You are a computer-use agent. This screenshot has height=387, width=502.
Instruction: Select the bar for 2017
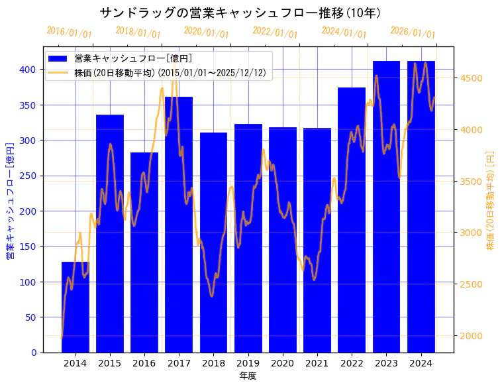pyautogui.click(x=179, y=225)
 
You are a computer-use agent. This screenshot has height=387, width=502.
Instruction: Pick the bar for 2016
pyautogui.click(x=144, y=252)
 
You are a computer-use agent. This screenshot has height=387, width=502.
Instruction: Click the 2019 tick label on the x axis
pyautogui.click(x=248, y=362)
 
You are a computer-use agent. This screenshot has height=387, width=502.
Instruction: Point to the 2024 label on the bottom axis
pyautogui.click(x=421, y=362)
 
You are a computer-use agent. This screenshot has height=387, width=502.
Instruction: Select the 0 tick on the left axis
pyautogui.click(x=34, y=353)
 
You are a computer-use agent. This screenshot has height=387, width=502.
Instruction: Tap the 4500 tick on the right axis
pyautogui.click(x=472, y=78)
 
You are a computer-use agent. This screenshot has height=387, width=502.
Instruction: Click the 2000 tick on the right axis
pyautogui.click(x=472, y=336)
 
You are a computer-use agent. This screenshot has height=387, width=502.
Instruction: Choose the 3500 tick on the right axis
pyautogui.click(x=472, y=181)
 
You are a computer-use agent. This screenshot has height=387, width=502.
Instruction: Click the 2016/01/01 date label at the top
pyautogui.click(x=70, y=32)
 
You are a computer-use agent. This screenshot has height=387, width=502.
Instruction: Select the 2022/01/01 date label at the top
pyautogui.click(x=276, y=32)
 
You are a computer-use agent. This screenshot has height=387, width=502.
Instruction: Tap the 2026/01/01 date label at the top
pyautogui.click(x=413, y=32)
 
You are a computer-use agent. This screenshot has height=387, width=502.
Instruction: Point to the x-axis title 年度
pyautogui.click(x=248, y=376)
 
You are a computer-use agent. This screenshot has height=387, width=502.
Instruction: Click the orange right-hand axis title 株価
pyautogui.click(x=491, y=199)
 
